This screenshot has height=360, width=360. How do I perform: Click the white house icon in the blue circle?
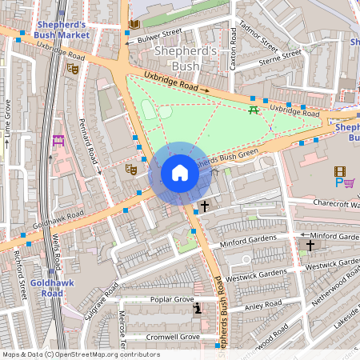pyautogui.click(x=180, y=173)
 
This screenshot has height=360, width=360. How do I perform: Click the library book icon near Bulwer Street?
pyautogui.click(x=134, y=25)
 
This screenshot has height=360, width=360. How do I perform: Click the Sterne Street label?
pyautogui.click(x=279, y=58)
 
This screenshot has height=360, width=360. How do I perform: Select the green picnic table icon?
pyautogui.click(x=254, y=110)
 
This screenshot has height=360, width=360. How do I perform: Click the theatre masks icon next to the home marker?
pyautogui.click(x=130, y=168)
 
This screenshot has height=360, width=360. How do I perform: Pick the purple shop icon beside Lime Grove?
pyautogui.click(x=58, y=141)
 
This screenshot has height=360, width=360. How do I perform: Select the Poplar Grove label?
pyautogui.click(x=172, y=299)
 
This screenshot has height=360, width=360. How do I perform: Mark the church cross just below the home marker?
pyautogui.click(x=205, y=206)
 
